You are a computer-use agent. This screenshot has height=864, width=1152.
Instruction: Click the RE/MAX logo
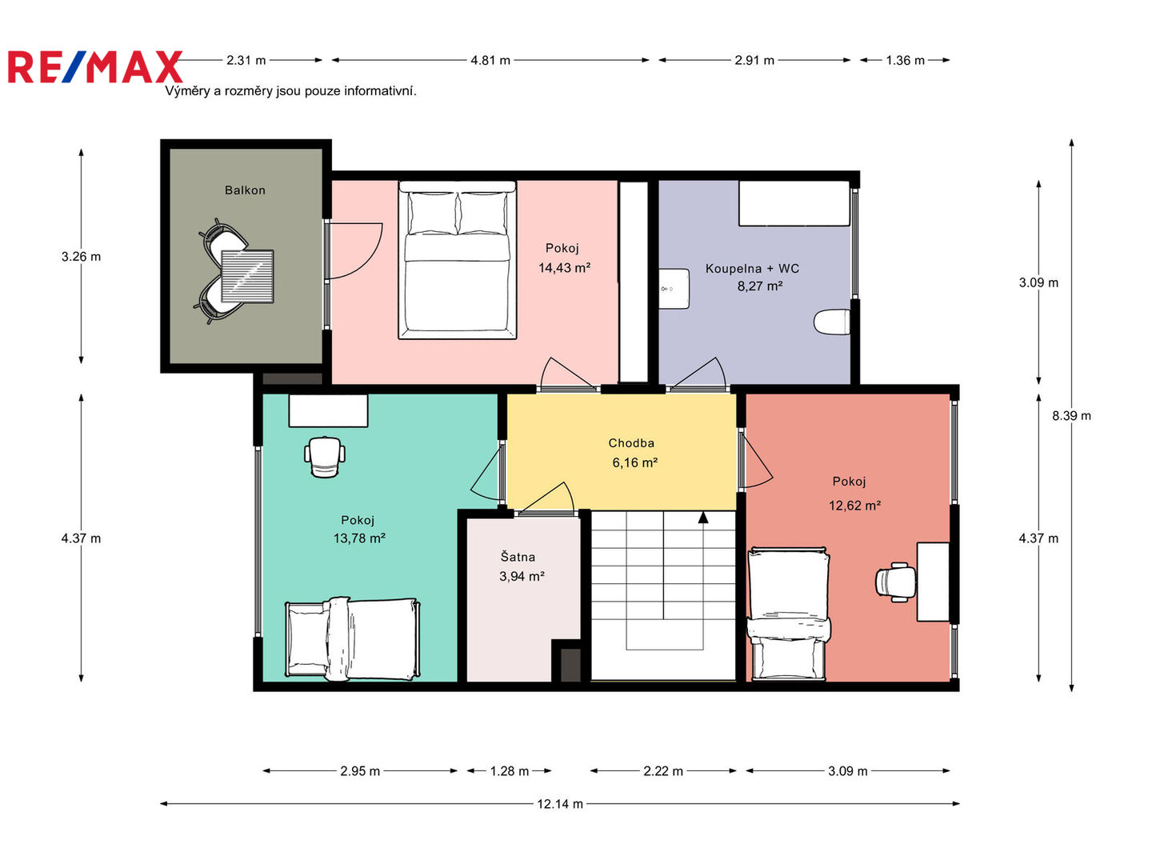click(x=95, y=66)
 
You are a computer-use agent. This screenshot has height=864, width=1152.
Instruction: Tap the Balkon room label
click(x=245, y=190)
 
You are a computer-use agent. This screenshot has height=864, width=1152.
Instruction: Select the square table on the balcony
click(x=247, y=276)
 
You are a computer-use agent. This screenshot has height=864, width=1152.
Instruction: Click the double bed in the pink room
click(x=457, y=260)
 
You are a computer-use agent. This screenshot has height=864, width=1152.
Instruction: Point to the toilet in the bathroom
click(x=832, y=322)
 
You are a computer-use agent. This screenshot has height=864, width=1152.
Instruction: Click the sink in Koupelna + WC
click(x=674, y=289)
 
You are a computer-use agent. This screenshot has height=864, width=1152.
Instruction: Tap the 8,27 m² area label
click(x=760, y=286)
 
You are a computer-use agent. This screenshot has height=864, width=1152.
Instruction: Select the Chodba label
click(x=631, y=442)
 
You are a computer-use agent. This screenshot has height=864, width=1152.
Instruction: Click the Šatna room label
click(x=518, y=557)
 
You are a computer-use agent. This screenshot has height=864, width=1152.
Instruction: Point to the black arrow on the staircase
click(x=703, y=518)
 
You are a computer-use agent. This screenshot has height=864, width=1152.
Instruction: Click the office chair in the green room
click(x=325, y=457)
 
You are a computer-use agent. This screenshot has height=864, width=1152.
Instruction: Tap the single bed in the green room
click(x=352, y=638)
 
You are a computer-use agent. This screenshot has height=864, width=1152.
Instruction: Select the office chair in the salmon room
click(x=895, y=582)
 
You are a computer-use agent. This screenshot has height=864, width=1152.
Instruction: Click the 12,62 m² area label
click(x=854, y=506)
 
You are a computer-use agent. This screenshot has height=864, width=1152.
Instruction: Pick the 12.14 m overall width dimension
click(x=560, y=804)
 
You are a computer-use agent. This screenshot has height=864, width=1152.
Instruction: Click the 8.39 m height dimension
click(x=1072, y=415)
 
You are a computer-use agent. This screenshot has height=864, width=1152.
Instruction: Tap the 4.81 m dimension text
click(x=490, y=60)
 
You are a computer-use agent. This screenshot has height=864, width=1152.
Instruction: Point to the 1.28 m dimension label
click(x=509, y=771)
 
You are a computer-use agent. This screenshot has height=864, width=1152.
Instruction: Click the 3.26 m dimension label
click(x=81, y=257)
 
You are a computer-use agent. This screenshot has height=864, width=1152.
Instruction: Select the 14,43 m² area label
click(x=564, y=267)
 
